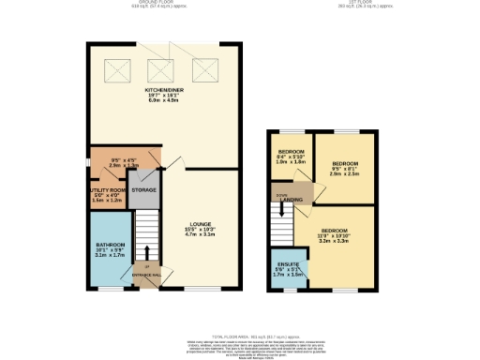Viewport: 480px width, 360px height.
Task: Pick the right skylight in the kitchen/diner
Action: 204,70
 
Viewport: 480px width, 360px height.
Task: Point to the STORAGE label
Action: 143,190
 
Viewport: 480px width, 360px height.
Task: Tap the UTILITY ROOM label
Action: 107,190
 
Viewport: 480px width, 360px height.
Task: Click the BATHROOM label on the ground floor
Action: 111,248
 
